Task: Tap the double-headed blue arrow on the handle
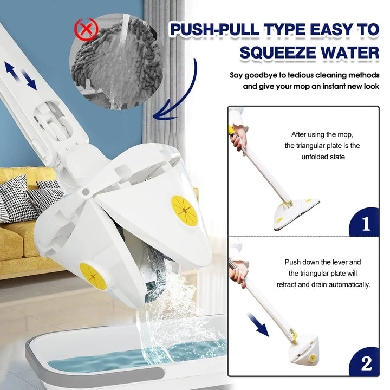(21, 75)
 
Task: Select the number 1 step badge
(366, 223)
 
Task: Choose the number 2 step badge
(366, 363)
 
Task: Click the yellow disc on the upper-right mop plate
(184, 210)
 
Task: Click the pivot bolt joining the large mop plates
(85, 192)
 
